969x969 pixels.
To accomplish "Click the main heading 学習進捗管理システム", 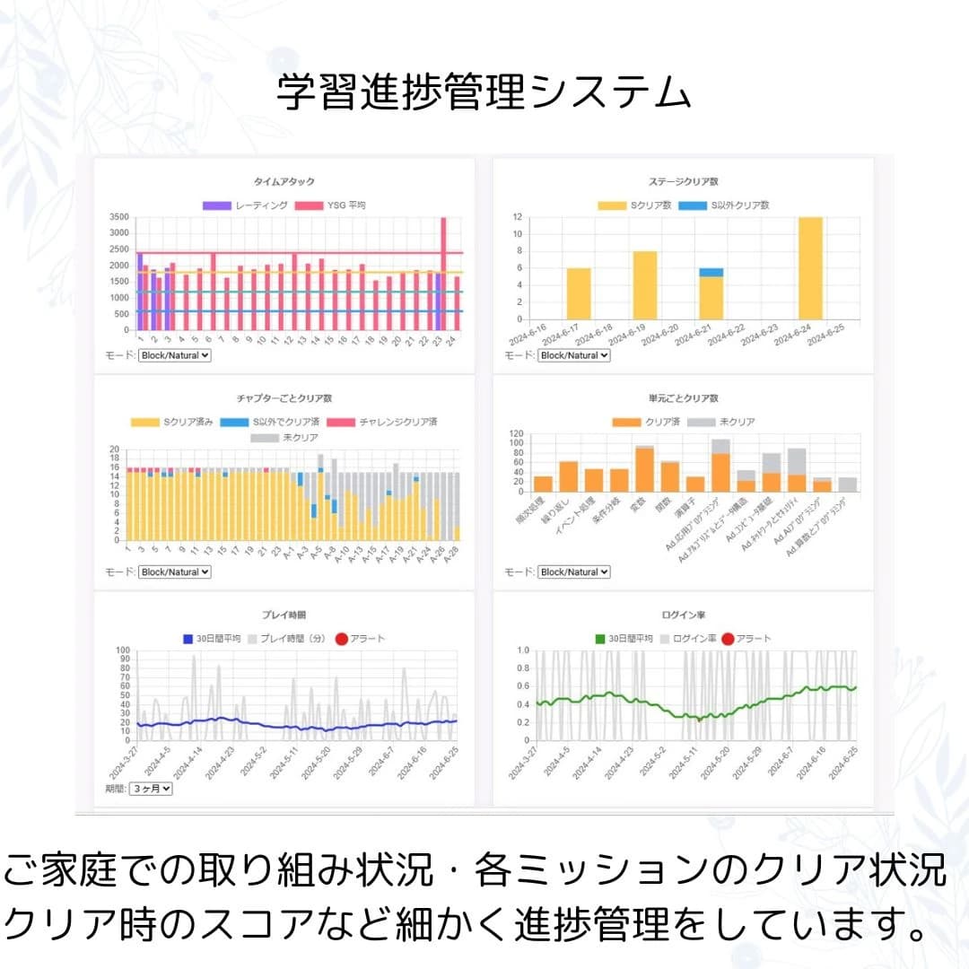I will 484,92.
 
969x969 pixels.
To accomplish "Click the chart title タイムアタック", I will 284,181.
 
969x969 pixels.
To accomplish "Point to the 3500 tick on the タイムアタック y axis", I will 118,217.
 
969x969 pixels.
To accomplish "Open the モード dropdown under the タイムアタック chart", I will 175,355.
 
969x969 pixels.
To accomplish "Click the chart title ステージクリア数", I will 683,181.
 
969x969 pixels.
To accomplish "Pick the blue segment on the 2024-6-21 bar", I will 711,272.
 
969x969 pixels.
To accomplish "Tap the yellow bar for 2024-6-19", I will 645,284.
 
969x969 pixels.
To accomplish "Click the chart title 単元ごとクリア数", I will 683,398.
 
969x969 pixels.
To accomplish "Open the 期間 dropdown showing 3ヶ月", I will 150,789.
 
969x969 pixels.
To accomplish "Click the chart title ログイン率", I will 683,615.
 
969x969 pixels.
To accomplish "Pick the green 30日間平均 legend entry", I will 624,639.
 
